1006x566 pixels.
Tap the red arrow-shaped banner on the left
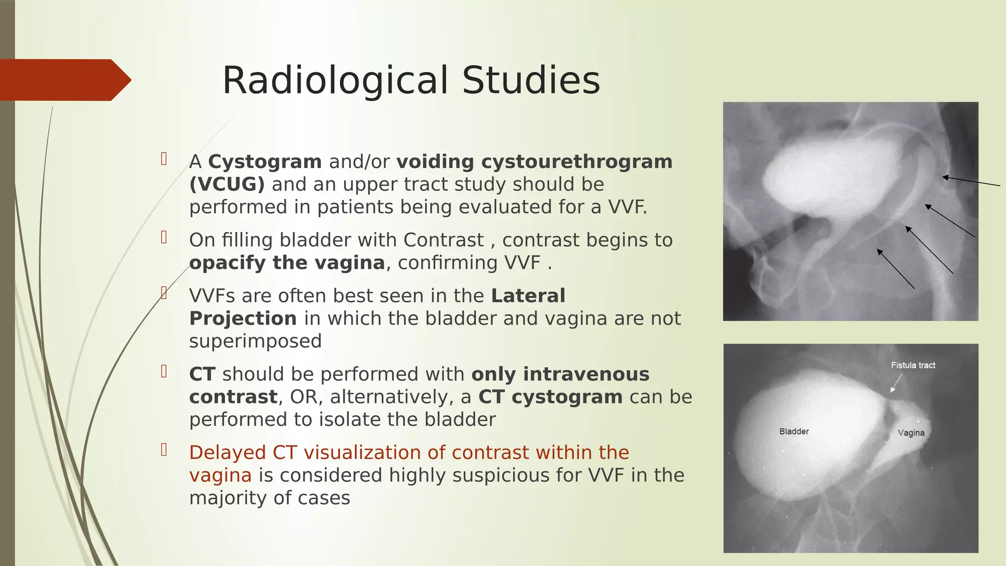[64, 80]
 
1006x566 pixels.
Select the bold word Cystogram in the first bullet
[265, 162]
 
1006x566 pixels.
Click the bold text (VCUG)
[227, 184]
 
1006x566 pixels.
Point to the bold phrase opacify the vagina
[287, 263]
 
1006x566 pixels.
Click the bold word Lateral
[528, 296]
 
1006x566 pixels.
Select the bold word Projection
[243, 318]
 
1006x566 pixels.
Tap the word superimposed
[255, 341]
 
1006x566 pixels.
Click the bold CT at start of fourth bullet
[202, 374]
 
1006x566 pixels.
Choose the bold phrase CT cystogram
[550, 397]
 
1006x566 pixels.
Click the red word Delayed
[227, 453]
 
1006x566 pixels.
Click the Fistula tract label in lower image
[913, 365]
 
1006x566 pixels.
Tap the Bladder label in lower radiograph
[794, 431]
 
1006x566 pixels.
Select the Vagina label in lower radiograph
[911, 433]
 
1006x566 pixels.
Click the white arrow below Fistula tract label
[896, 383]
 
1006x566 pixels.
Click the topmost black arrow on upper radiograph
[970, 181]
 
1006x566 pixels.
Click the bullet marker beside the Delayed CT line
[164, 450]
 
